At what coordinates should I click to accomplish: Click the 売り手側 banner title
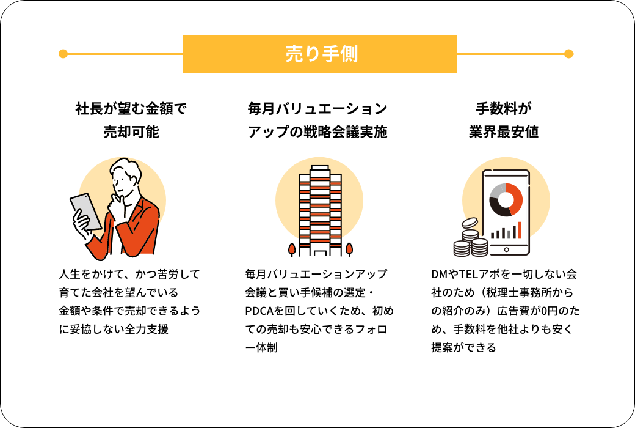tap(322, 54)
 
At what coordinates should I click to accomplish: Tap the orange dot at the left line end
tap(63, 54)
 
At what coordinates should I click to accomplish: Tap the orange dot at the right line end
tap(568, 54)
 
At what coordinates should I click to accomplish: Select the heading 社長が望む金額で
tap(131, 108)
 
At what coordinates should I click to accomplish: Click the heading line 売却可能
tap(131, 132)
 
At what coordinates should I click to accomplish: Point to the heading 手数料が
tap(503, 108)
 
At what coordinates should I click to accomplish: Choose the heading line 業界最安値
tap(503, 132)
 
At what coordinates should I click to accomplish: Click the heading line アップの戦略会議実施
tap(317, 132)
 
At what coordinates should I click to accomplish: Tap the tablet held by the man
tap(86, 212)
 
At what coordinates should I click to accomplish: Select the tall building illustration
tap(320, 210)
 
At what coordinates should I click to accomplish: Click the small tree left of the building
tap(291, 249)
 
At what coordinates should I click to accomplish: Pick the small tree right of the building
tap(349, 249)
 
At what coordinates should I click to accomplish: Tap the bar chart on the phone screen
tap(506, 231)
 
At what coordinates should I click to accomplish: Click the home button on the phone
tap(506, 249)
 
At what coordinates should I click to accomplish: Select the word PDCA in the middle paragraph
tap(259, 311)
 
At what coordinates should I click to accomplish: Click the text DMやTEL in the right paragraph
tap(455, 275)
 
